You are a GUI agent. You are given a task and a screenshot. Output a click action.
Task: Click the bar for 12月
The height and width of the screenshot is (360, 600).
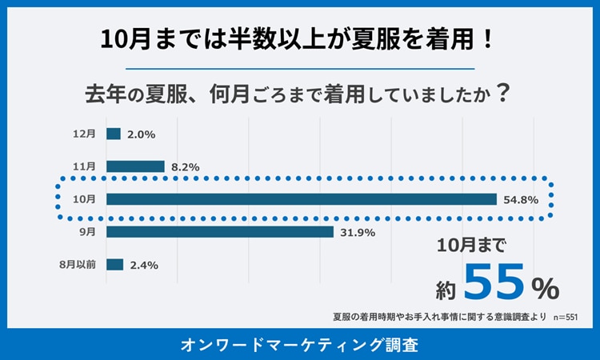coord(113,134)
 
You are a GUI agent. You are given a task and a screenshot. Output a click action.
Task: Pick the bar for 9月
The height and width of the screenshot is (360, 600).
coord(219,232)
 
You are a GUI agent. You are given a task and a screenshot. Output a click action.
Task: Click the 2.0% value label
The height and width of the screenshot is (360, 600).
coord(141,134)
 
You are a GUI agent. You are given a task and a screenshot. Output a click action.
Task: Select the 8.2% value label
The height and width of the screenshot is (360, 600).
coord(185,167)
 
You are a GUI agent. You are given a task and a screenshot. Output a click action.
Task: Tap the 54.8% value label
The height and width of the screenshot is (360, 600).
coord(521,199)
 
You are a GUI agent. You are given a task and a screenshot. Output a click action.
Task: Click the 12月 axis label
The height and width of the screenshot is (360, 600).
coord(83,134)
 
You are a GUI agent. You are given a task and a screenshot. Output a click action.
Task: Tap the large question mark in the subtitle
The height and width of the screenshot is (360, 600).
coord(502,94)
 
